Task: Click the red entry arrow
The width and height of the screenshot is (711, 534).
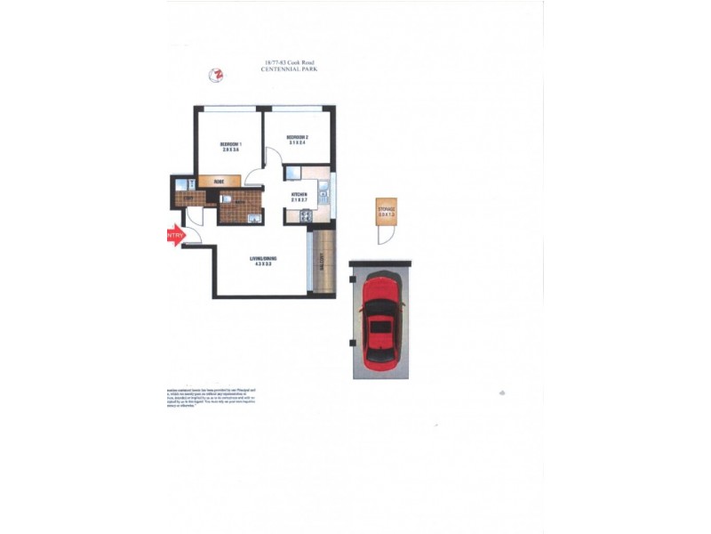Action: (x=174, y=235)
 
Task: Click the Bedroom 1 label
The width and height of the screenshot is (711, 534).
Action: (x=230, y=147)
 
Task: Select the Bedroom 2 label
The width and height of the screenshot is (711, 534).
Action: (x=297, y=140)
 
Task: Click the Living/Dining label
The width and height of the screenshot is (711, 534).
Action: (x=263, y=260)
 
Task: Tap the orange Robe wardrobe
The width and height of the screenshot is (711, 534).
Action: (x=219, y=182)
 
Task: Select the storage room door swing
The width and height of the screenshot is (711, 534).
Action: (x=384, y=234)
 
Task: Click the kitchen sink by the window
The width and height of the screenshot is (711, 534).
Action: (x=323, y=189)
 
